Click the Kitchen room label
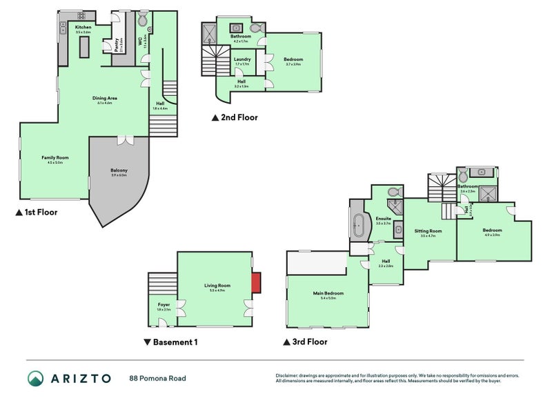tap(83, 28)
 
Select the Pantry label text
tap(117, 44)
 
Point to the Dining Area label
tap(105, 98)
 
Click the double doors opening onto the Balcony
tap(126, 140)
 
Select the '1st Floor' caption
tap(36, 213)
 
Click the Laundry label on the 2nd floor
tap(241, 59)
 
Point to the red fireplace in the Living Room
tap(255, 283)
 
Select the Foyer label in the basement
tap(164, 304)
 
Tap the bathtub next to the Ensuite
tap(358, 224)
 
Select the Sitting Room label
tap(428, 231)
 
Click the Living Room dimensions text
tap(217, 290)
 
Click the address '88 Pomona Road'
tap(157, 378)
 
